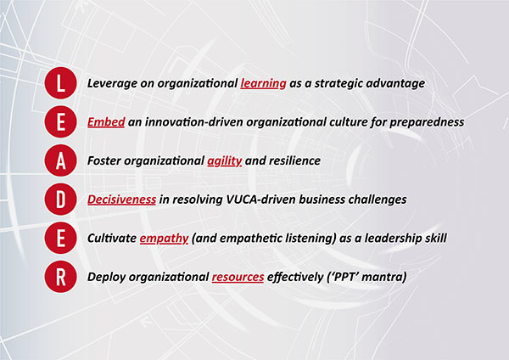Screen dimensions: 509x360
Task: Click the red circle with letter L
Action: pyautogui.click(x=61, y=83)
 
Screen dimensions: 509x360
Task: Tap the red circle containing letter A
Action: pyautogui.click(x=61, y=160)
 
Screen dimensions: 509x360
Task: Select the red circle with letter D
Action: pyautogui.click(x=61, y=200)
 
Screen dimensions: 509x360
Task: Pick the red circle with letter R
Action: pyautogui.click(x=61, y=277)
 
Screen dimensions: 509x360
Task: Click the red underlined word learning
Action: pyautogui.click(x=263, y=84)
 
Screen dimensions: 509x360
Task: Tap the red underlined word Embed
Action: pyautogui.click(x=106, y=122)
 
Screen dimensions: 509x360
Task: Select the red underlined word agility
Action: pyautogui.click(x=225, y=161)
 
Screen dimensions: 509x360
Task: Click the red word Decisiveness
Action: pyautogui.click(x=121, y=200)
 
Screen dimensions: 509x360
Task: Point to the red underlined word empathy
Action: pyautogui.click(x=164, y=239)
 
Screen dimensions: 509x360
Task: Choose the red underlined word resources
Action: pyautogui.click(x=238, y=277)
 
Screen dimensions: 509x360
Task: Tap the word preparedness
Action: pyautogui.click(x=427, y=122)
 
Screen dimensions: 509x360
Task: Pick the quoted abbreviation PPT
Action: pyautogui.click(x=344, y=277)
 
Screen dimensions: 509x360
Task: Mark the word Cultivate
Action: pyautogui.click(x=112, y=238)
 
